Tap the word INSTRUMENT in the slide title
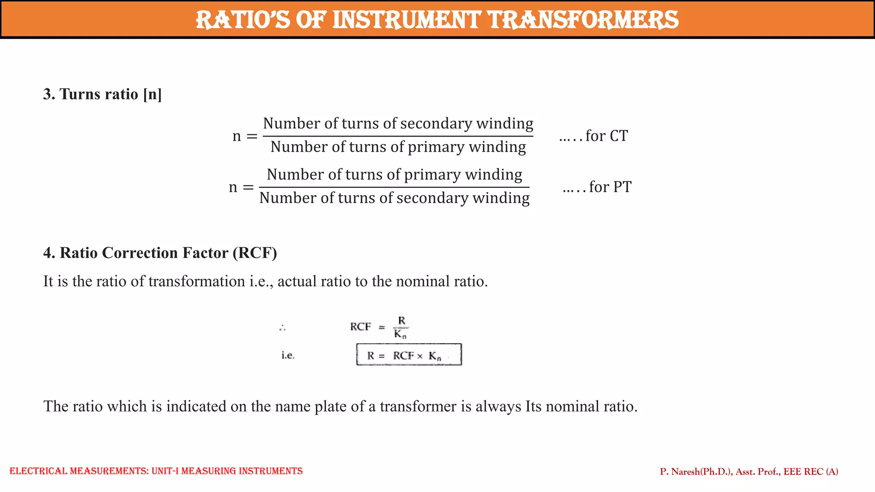point(406,20)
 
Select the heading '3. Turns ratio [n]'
point(103,94)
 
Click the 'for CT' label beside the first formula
point(606,136)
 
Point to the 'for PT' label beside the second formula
point(610,187)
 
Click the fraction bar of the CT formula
point(398,136)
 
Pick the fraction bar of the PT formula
point(394,187)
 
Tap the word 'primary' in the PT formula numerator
point(432,175)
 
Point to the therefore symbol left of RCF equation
point(282,328)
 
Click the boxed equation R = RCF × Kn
point(409,355)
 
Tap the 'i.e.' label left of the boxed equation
point(288,355)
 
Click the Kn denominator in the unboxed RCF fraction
point(400,334)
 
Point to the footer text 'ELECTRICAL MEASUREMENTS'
point(79,471)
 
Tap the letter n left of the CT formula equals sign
point(237,136)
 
